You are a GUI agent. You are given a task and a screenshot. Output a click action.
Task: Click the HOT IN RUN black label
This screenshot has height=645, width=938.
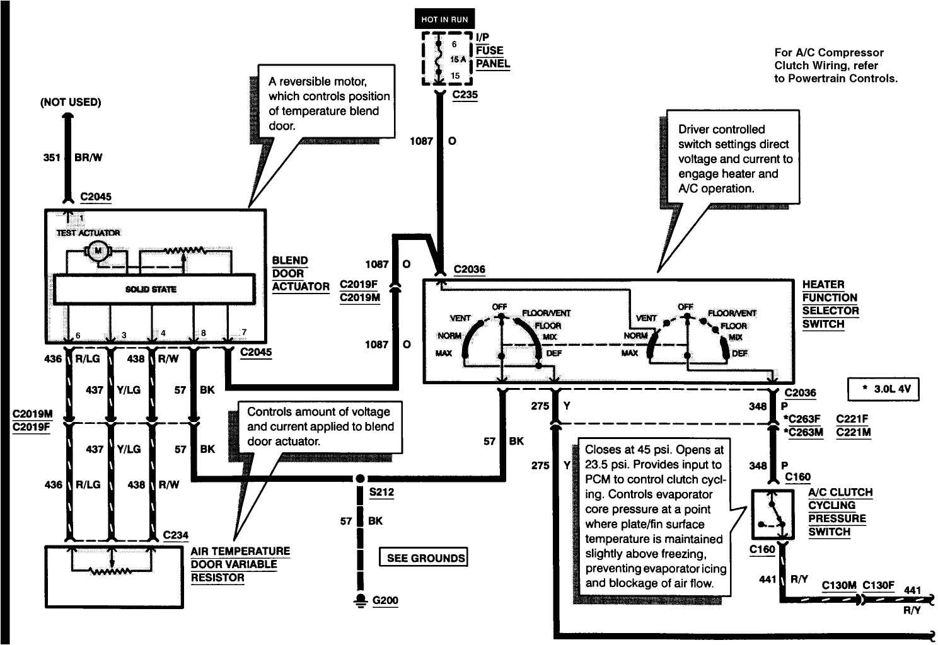coord(445,20)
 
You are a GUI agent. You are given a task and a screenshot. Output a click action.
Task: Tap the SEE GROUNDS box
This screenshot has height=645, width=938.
coord(426,557)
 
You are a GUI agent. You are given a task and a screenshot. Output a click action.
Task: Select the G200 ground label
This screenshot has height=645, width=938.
coord(385,600)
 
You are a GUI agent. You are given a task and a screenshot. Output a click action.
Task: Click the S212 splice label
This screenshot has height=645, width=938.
coord(381,492)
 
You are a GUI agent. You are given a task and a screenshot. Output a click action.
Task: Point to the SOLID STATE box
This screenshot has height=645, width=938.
coord(151,289)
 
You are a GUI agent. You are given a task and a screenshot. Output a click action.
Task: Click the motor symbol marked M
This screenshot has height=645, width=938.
coord(98,251)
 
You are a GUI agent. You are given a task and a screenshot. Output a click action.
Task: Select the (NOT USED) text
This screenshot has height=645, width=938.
coord(70,102)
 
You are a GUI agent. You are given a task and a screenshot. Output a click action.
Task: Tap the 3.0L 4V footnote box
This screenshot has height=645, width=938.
coord(883,389)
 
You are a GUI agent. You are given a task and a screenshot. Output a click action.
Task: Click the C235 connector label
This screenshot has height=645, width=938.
coord(465,95)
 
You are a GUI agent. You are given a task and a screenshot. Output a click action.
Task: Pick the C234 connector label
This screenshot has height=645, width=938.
coord(175,535)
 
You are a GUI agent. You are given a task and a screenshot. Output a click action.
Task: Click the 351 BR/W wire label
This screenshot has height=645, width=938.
coord(72,157)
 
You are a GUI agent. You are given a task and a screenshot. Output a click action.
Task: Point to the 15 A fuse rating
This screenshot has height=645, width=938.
coord(458,59)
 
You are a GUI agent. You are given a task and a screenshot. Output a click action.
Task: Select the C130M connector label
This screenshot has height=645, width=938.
coord(838,585)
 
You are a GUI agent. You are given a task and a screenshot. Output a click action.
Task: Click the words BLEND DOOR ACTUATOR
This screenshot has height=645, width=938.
coord(300,274)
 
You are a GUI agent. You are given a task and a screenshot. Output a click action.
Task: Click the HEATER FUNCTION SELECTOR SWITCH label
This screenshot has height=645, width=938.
coord(830,304)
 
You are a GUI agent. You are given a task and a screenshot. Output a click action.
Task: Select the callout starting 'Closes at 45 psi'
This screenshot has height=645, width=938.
coord(655,517)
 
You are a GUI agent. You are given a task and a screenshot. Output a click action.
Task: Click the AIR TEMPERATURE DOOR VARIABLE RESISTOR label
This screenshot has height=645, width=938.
coord(240,564)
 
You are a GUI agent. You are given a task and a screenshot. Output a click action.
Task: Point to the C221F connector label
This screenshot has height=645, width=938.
coord(852,419)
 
